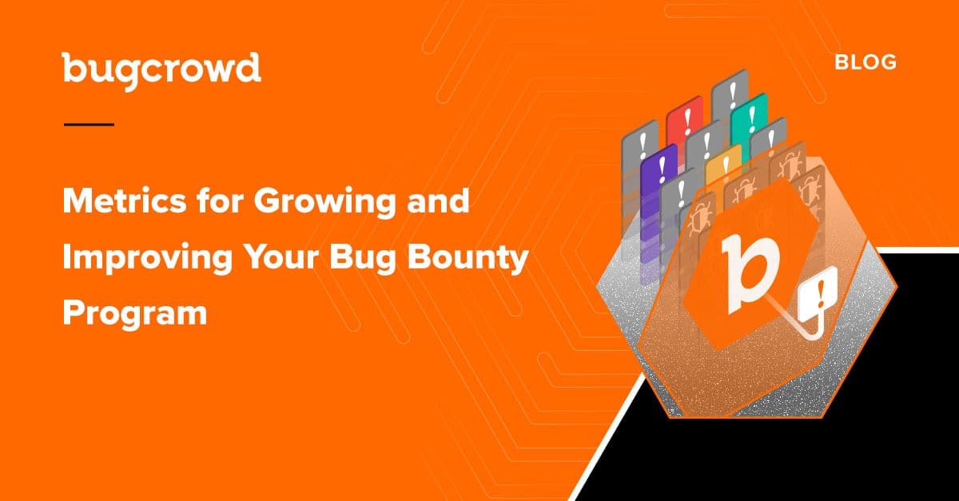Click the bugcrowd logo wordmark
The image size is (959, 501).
(161, 71)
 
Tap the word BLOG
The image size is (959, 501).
(865, 63)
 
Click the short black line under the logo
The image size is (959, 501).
(89, 125)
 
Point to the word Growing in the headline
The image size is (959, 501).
(325, 203)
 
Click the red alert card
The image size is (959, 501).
(684, 124)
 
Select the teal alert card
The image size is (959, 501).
(749, 119)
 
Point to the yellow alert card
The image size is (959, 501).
(723, 167)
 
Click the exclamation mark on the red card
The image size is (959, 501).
(687, 121)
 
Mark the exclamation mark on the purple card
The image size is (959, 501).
(663, 169)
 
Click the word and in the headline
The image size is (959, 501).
(438, 201)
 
